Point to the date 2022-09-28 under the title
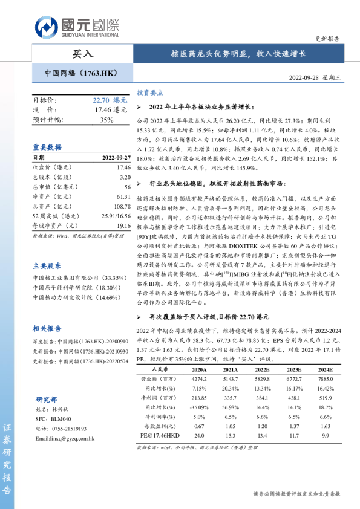[314, 77]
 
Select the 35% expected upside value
[106, 120]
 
